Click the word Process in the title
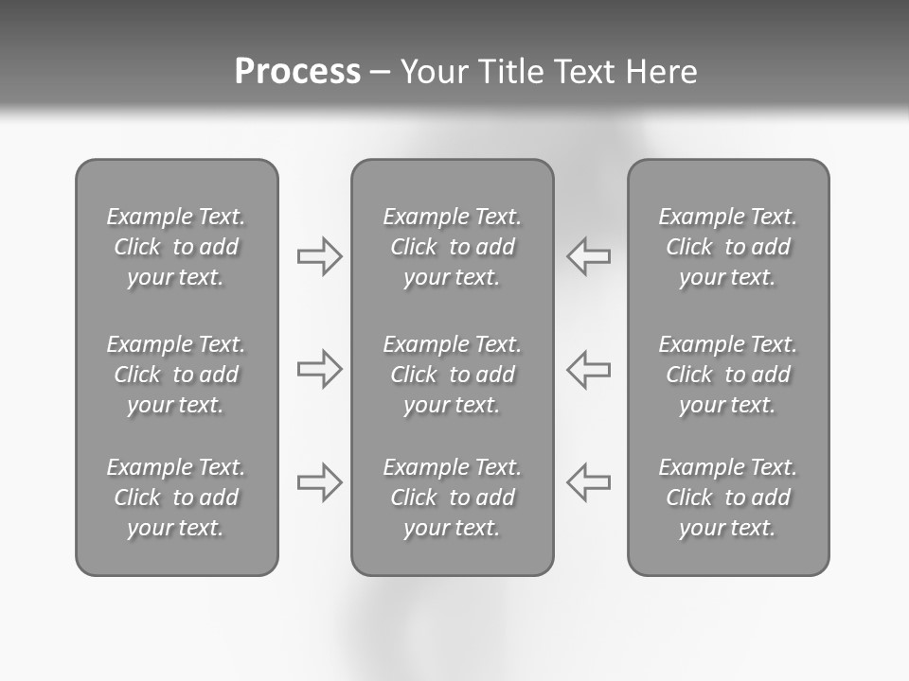coord(297,72)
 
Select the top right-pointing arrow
coord(320,256)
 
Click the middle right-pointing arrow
coord(320,369)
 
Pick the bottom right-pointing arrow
coord(320,482)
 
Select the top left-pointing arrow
coord(588,256)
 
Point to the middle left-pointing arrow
coord(588,369)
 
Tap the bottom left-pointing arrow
coord(588,482)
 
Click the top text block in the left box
coord(176,247)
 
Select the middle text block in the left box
coord(176,375)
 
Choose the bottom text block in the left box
coord(176,498)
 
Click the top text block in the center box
coord(453,247)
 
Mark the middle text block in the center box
coord(453,375)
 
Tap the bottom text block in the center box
coord(453,498)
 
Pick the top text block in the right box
coord(728,247)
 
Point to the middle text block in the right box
coord(728,375)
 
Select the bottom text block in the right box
coord(728,498)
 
